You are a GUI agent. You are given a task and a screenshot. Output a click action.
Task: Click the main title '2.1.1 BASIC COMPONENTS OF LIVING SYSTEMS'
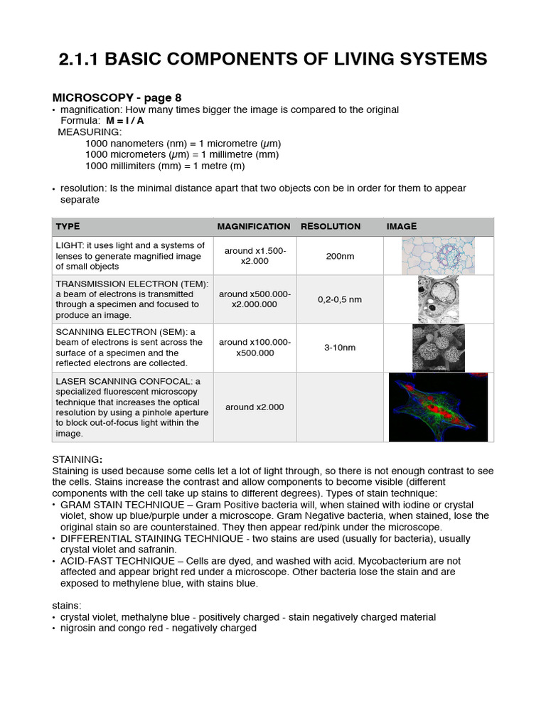273,59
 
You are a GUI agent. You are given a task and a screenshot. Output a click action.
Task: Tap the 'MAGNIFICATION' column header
254,227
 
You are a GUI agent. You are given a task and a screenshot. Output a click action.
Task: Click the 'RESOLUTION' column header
331,227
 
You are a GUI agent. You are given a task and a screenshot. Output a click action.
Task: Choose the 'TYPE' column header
68,227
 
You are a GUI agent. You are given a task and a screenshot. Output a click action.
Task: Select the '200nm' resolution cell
340,256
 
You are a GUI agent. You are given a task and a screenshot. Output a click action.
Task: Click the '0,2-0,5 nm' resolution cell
340,299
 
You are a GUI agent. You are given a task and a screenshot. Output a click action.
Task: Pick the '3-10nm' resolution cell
340,348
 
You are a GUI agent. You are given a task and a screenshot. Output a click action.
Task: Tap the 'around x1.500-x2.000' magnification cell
255,256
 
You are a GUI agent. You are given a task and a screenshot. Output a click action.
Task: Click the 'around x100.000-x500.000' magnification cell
255,348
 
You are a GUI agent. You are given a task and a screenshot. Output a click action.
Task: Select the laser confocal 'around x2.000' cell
255,407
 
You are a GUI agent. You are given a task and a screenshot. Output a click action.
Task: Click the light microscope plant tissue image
438,256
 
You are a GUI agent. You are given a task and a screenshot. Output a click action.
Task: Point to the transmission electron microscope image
438,299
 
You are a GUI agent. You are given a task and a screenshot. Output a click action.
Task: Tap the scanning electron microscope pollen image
438,348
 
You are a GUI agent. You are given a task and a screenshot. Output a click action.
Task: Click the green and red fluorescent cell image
438,407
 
